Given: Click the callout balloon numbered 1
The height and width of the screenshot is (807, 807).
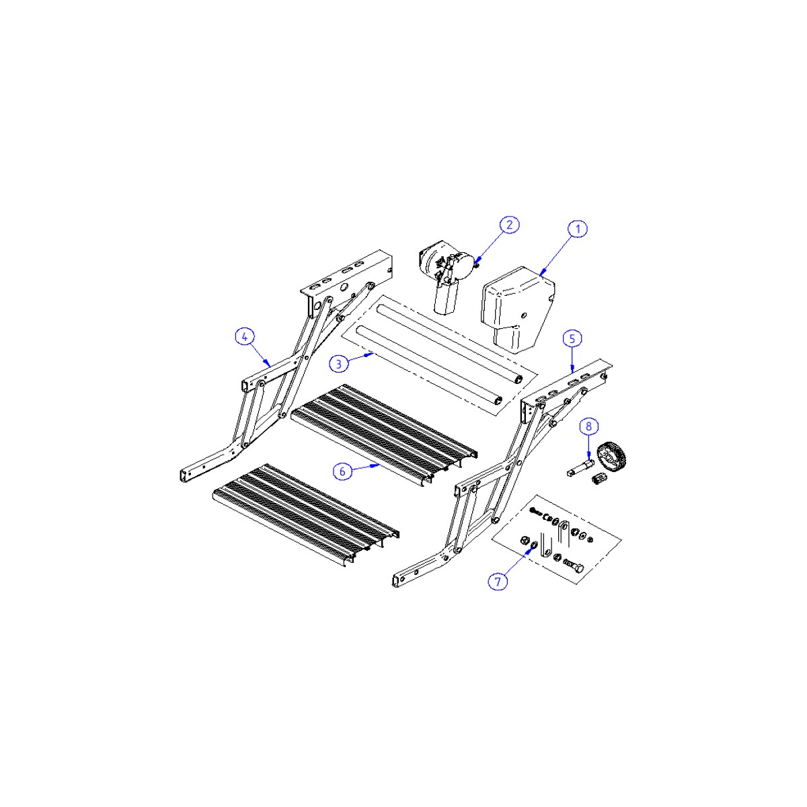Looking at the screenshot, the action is click(578, 229).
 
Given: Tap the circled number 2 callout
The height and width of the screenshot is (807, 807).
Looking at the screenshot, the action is click(509, 225).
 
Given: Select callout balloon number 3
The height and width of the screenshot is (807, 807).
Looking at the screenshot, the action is click(339, 364).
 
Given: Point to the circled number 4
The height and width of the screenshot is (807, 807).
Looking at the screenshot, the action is click(245, 336).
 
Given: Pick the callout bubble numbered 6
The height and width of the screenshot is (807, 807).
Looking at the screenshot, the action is click(342, 471).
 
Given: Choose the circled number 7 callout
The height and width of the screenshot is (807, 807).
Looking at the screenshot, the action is click(498, 581).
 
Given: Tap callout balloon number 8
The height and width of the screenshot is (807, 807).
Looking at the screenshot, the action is click(589, 426).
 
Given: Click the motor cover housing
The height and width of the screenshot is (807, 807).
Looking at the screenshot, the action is click(518, 309).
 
